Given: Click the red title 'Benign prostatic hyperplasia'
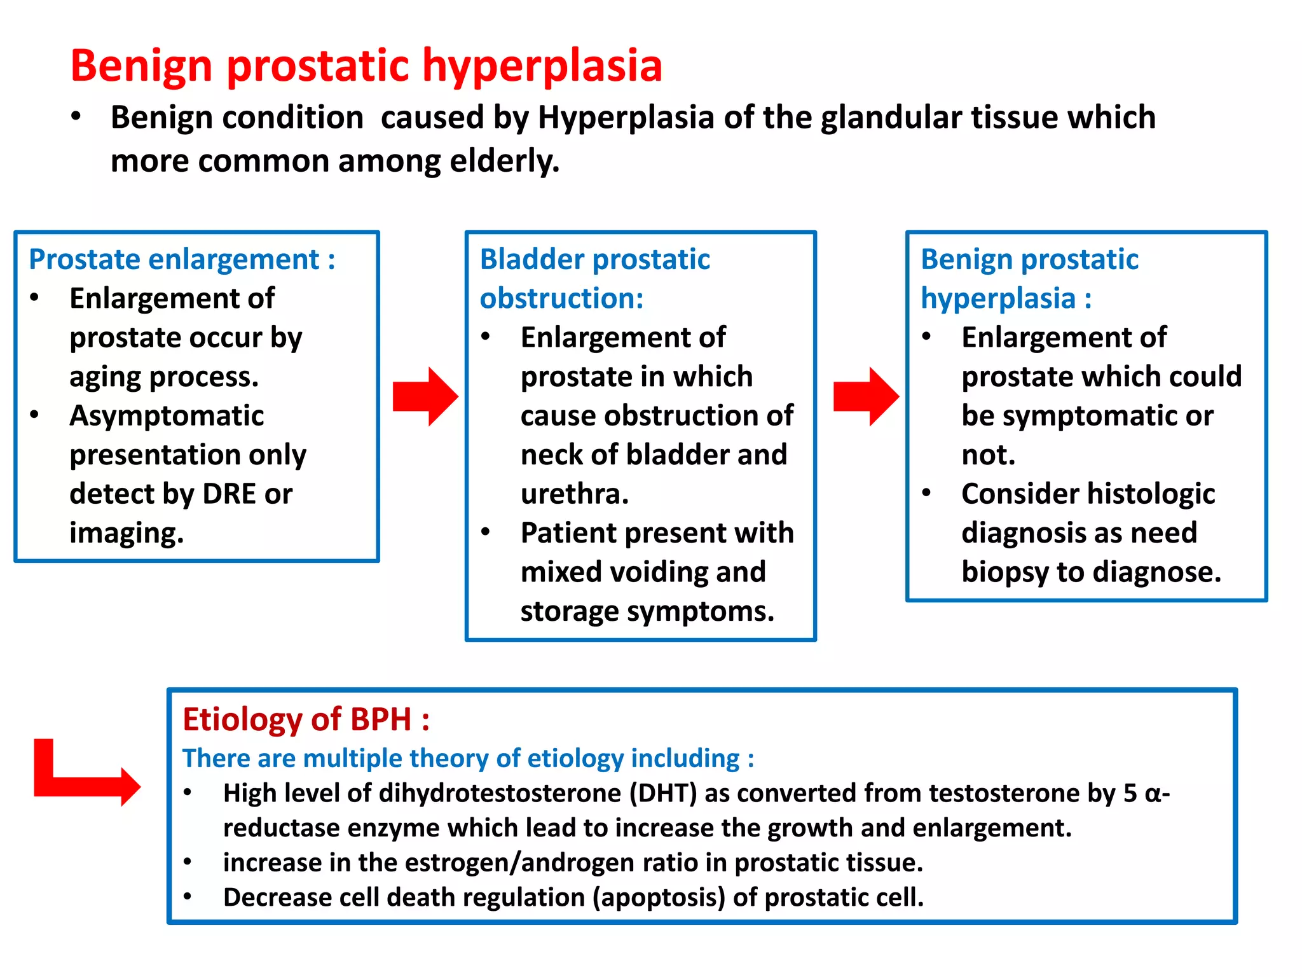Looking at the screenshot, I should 366,66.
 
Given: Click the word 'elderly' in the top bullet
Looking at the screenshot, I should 504,161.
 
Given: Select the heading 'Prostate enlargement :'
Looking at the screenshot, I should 182,260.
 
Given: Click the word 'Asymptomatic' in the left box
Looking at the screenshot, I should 167,416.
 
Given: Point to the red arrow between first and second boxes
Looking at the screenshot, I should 425,396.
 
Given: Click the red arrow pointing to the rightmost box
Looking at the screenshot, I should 865,396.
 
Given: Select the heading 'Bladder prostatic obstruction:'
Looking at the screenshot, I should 594,279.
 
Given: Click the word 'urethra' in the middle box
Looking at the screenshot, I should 572,494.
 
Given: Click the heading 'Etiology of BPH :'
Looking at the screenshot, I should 306,719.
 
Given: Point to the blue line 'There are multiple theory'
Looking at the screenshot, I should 468,758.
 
